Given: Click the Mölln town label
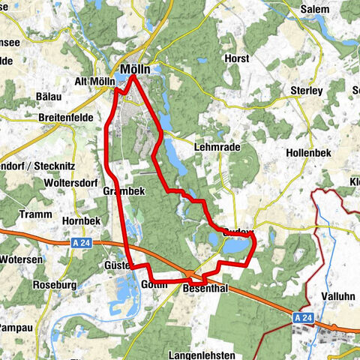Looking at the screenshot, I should tap(135, 68).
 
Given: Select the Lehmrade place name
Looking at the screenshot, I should tap(217, 148).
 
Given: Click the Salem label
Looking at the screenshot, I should tap(314, 9).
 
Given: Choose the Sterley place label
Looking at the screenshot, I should tap(305, 90).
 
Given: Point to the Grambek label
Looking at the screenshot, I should tap(118, 191).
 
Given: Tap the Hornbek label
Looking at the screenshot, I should tap(81, 222).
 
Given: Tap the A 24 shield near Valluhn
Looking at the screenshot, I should tap(302, 318).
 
